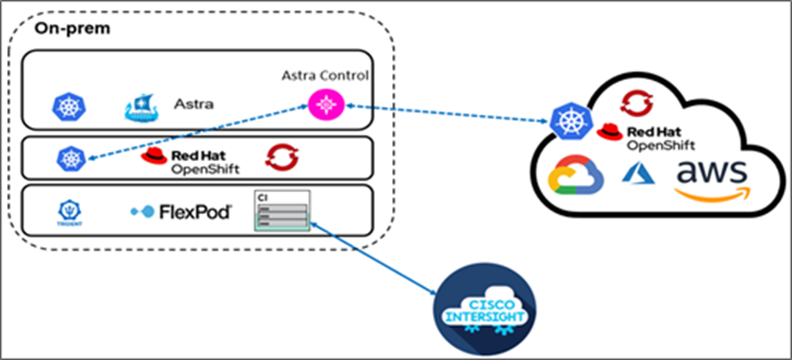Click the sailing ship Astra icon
point(140,107)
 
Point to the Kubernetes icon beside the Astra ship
point(67,107)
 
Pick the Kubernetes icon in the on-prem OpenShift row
point(68,157)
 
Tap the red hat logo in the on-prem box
point(153,157)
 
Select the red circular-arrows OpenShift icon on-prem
point(281,157)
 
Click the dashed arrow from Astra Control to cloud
point(443,109)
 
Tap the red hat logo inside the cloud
point(608,130)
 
